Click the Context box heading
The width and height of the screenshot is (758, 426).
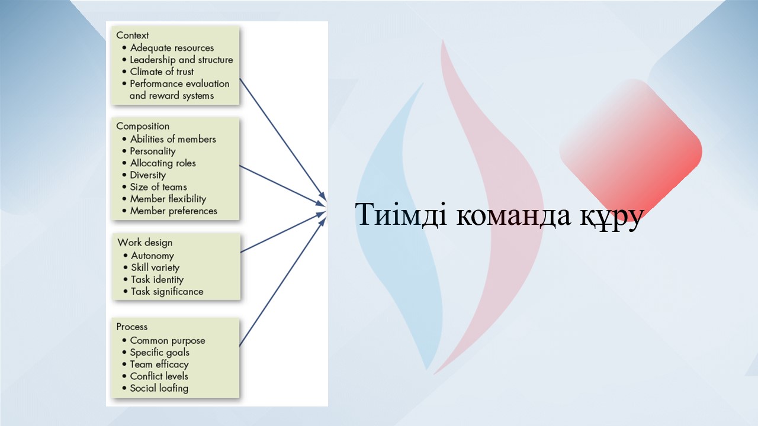point(132,35)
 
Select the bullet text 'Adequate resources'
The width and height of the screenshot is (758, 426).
point(172,48)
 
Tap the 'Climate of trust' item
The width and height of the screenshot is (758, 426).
point(162,72)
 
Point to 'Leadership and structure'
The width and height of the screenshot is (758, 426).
point(181,60)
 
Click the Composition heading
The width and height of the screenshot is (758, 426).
point(143,126)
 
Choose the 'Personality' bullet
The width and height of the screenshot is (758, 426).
point(153,151)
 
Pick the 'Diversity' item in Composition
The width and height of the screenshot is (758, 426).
point(148,175)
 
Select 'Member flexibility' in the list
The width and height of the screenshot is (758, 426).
point(168,199)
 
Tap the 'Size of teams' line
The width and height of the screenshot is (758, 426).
point(158,187)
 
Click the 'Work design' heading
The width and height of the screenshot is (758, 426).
point(145,243)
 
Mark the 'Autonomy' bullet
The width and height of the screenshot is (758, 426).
point(152,256)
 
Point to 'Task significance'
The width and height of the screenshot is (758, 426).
point(167,292)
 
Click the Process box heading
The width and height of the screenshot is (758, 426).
point(131,327)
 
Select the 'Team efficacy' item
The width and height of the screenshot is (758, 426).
point(159,364)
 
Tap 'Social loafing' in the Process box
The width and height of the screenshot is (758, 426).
point(159,388)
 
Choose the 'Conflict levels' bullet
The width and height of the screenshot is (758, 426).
point(159,376)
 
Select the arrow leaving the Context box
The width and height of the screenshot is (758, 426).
point(282,140)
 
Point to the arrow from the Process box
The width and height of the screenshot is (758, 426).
point(283,282)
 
